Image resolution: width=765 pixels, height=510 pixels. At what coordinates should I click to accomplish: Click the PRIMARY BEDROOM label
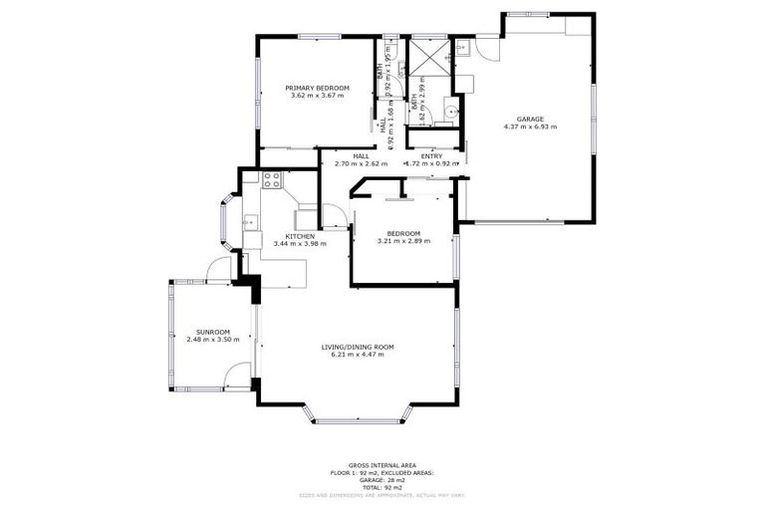point(317,88)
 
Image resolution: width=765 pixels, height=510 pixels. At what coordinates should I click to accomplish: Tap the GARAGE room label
point(530,119)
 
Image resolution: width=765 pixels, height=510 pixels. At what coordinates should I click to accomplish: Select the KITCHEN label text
point(272,236)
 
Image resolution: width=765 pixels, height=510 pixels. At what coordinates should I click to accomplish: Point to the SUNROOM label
point(213,332)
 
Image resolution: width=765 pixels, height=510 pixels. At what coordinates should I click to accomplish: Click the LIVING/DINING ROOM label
point(358,347)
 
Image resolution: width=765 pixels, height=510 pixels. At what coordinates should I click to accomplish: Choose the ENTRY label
point(431,155)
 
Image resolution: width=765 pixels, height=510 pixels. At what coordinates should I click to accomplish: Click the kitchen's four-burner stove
point(271,180)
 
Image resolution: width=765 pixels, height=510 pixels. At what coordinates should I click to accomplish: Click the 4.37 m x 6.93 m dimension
point(530,127)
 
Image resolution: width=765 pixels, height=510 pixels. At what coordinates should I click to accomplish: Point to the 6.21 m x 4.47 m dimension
point(358,355)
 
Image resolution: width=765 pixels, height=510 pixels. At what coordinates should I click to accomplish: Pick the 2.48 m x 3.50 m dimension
point(213,340)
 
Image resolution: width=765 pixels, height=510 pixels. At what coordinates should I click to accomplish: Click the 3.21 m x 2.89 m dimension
point(403,241)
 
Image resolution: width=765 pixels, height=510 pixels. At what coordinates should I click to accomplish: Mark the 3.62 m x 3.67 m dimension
point(317,96)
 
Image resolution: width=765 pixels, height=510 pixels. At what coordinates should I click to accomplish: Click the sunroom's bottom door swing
point(237,376)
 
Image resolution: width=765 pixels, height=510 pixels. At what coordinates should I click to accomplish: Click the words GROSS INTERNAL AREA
point(382,465)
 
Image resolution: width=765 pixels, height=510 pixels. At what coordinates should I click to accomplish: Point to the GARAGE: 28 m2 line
point(382,479)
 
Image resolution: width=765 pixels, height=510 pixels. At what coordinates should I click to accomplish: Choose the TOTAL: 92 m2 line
point(382,486)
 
